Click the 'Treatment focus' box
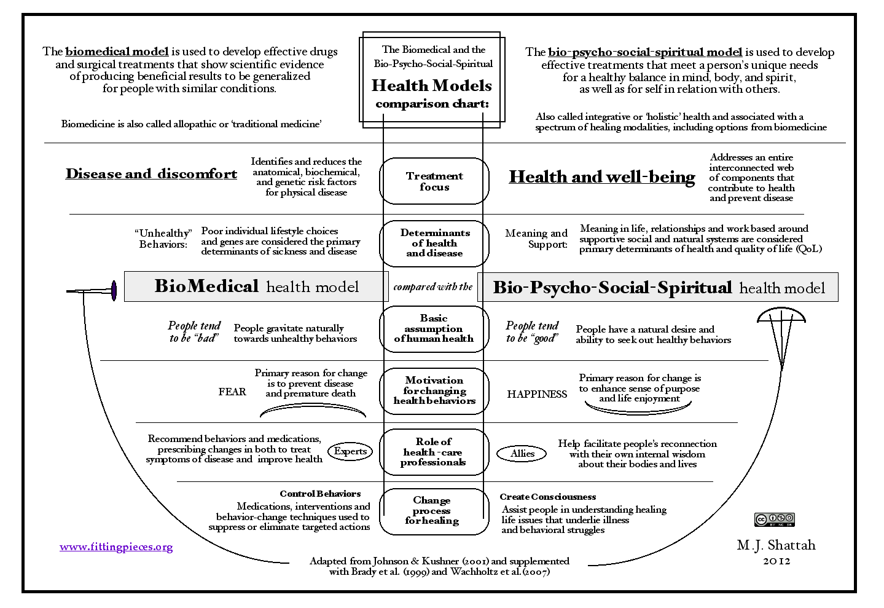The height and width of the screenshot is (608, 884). coord(434,181)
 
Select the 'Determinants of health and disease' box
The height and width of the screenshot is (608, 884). coord(434,243)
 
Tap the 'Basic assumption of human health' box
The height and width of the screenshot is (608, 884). coord(434,329)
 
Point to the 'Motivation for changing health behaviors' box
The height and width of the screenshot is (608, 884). coord(434,391)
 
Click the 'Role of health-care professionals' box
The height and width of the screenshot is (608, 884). coord(434,452)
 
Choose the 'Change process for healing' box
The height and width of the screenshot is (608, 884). coord(434,511)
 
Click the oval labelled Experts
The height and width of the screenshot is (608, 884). coord(350,451)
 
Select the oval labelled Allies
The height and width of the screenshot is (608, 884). coord(522,454)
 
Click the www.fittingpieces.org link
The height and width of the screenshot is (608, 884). coord(116,547)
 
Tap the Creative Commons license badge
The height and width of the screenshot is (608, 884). coord(774,519)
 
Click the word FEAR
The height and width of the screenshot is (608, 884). coord(232,392)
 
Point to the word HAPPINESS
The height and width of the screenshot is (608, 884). coord(537,394)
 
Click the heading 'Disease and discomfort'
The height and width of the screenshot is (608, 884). coord(151,174)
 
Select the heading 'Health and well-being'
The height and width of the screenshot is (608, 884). coord(602,177)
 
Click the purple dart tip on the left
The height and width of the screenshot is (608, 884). coord(114,291)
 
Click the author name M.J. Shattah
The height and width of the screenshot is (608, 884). coord(776,545)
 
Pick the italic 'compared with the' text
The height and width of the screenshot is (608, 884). coord(433,287)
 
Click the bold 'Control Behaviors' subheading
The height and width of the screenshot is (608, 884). coord(320,494)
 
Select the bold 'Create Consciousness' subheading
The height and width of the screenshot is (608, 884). coord(547,497)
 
